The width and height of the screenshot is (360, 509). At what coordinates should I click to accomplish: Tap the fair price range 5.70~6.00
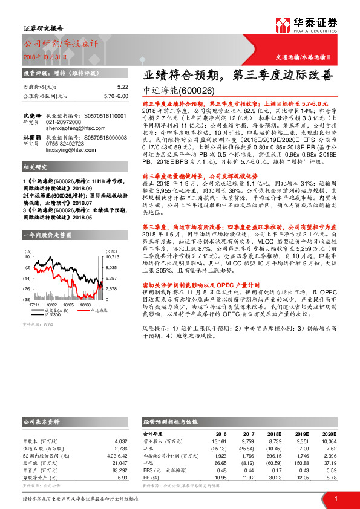[115, 96]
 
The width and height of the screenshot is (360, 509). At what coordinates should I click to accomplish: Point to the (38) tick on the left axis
[27, 299]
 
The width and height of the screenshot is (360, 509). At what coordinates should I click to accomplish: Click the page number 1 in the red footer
[335, 499]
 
